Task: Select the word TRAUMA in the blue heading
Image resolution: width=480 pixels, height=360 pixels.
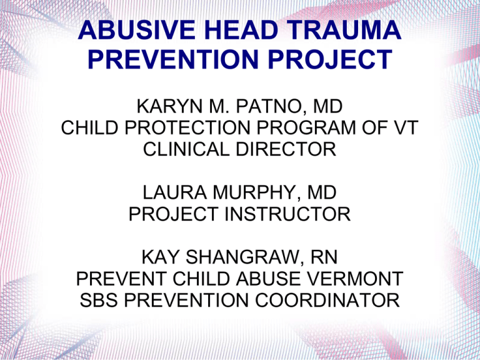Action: click(344, 30)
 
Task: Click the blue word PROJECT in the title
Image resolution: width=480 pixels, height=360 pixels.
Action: click(330, 59)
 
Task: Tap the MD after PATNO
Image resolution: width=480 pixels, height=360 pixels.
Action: click(327, 106)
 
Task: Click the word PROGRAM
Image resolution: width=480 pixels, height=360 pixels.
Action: click(306, 127)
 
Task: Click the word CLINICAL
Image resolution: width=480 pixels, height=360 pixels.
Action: click(186, 149)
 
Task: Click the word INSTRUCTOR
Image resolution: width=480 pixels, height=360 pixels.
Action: click(287, 214)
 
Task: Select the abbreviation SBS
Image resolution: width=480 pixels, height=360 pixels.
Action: click(99, 300)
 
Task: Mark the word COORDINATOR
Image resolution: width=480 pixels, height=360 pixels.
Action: click(327, 300)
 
